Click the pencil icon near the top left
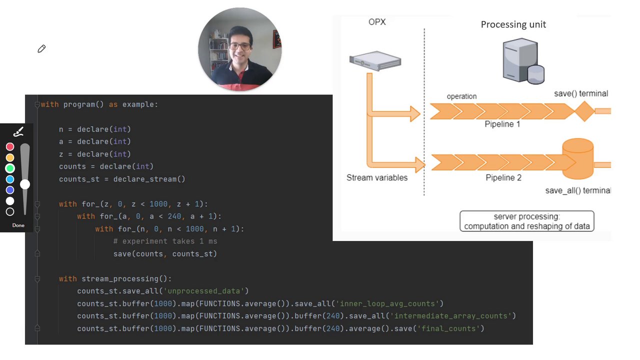(41, 48)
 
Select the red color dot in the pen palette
(10, 146)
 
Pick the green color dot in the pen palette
(10, 168)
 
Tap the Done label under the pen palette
(18, 225)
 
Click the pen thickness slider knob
(25, 184)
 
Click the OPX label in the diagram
(377, 22)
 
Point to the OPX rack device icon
(375, 60)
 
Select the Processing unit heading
(513, 24)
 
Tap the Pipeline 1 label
(502, 124)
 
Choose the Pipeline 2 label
(503, 177)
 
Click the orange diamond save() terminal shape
(584, 111)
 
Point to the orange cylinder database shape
(577, 158)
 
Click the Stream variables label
(377, 177)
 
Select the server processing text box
(527, 221)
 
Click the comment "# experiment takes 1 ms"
(165, 241)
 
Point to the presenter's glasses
(240, 46)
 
